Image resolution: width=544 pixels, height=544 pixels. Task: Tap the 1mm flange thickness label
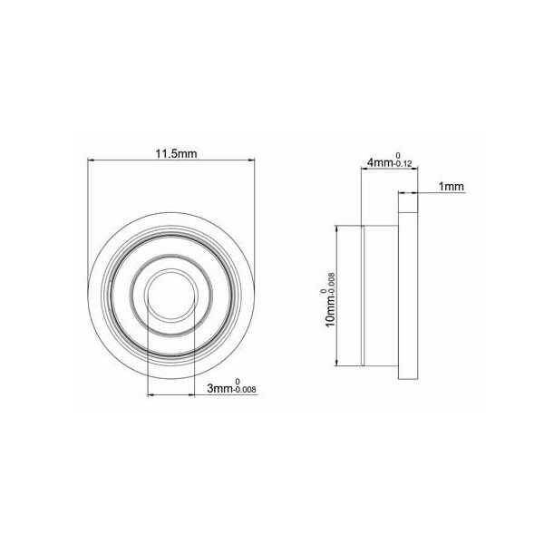point(451,187)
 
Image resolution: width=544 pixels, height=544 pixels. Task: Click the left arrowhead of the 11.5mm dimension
point(92,161)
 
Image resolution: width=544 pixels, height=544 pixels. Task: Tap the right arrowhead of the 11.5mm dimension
point(251,161)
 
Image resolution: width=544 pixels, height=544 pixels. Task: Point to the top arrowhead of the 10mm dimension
point(339,230)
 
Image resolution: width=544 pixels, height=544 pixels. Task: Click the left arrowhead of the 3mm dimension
point(150,394)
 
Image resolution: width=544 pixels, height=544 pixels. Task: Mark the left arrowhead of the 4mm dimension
point(364,170)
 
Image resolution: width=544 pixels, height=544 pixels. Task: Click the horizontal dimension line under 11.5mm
point(170,161)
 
